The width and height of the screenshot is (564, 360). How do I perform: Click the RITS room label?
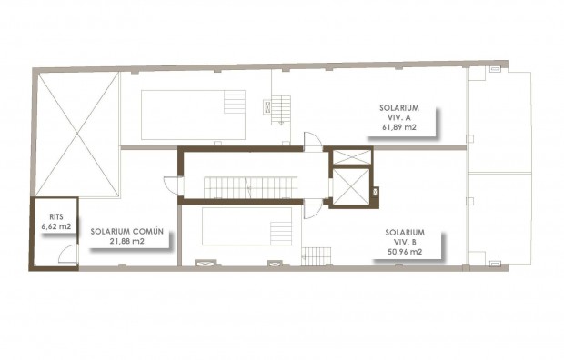(55, 217)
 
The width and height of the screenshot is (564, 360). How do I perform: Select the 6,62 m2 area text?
(55, 226)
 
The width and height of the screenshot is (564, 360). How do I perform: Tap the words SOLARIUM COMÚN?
(126, 232)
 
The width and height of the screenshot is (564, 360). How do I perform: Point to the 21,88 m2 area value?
(126, 242)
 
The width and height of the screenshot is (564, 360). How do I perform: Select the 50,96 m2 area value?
(403, 252)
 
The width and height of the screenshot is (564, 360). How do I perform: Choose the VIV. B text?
(403, 242)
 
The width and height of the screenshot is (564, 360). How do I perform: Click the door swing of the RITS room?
(67, 256)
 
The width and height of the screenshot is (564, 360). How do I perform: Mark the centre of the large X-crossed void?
(76, 135)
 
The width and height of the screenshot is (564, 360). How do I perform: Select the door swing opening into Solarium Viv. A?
(311, 141)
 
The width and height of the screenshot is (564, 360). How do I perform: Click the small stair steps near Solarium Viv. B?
(316, 256)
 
